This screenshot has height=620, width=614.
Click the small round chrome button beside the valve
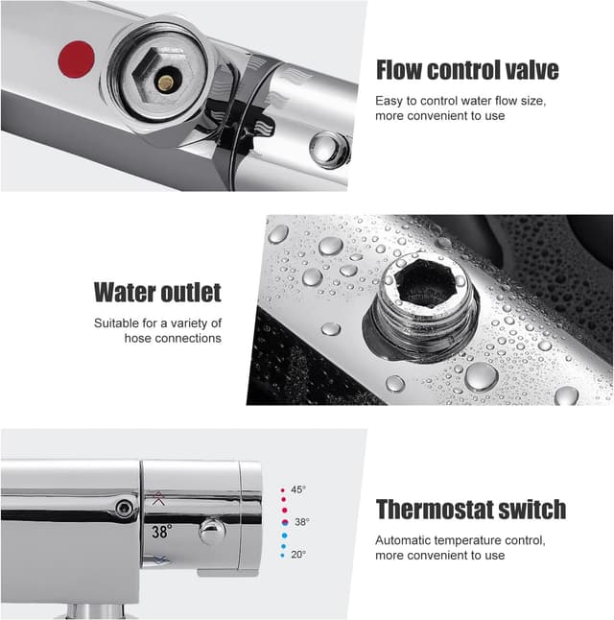(x=330, y=149)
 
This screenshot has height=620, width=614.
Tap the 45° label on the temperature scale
(x=298, y=489)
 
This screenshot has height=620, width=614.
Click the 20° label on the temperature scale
(x=298, y=554)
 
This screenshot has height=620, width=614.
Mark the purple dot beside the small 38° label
(x=285, y=522)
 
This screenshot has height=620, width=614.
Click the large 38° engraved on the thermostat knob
(x=160, y=530)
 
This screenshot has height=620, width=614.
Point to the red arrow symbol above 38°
(x=158, y=496)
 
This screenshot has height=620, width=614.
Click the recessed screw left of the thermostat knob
(x=124, y=507)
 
